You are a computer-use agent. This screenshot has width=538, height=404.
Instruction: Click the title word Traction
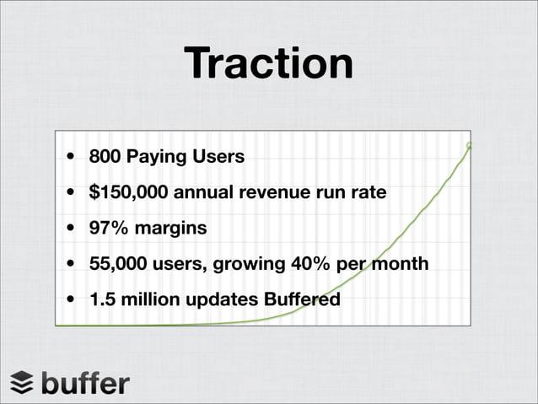[268, 64]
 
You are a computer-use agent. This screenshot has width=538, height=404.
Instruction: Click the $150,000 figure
[128, 193]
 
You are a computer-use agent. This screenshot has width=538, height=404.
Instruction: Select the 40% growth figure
[308, 265]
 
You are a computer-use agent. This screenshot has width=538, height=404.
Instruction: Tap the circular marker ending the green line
[469, 146]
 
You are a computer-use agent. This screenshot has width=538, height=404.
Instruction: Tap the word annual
[204, 193]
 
